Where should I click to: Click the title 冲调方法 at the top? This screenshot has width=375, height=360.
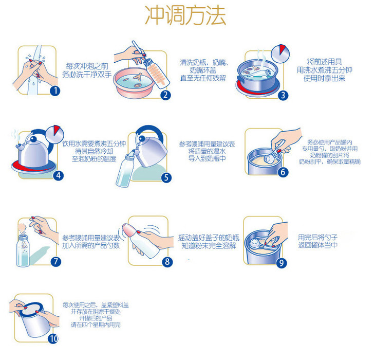click(185, 15)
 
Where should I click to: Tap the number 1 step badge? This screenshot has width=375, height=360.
click(55, 91)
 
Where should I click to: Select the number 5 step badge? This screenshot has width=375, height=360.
click(166, 177)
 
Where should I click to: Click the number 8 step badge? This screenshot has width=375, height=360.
click(167, 262)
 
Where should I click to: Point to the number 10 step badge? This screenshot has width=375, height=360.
click(53, 338)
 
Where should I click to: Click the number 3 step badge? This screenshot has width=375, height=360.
click(283, 95)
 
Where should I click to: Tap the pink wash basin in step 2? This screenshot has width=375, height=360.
click(134, 83)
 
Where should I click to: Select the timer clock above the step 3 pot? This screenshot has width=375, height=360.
click(280, 53)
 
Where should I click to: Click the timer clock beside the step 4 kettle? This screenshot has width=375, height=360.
click(55, 134)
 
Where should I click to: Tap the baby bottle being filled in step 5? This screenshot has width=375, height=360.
click(125, 169)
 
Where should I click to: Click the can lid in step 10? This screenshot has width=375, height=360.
click(31, 309)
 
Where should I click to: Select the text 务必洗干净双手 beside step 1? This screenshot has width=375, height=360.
click(87, 75)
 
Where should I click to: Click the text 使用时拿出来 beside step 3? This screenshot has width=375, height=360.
click(324, 78)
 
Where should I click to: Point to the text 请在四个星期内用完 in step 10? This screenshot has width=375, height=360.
click(96, 325)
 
